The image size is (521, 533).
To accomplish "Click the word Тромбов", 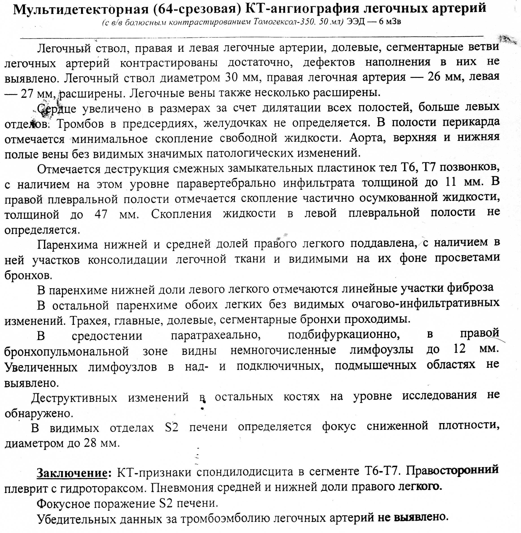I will [81, 124].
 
